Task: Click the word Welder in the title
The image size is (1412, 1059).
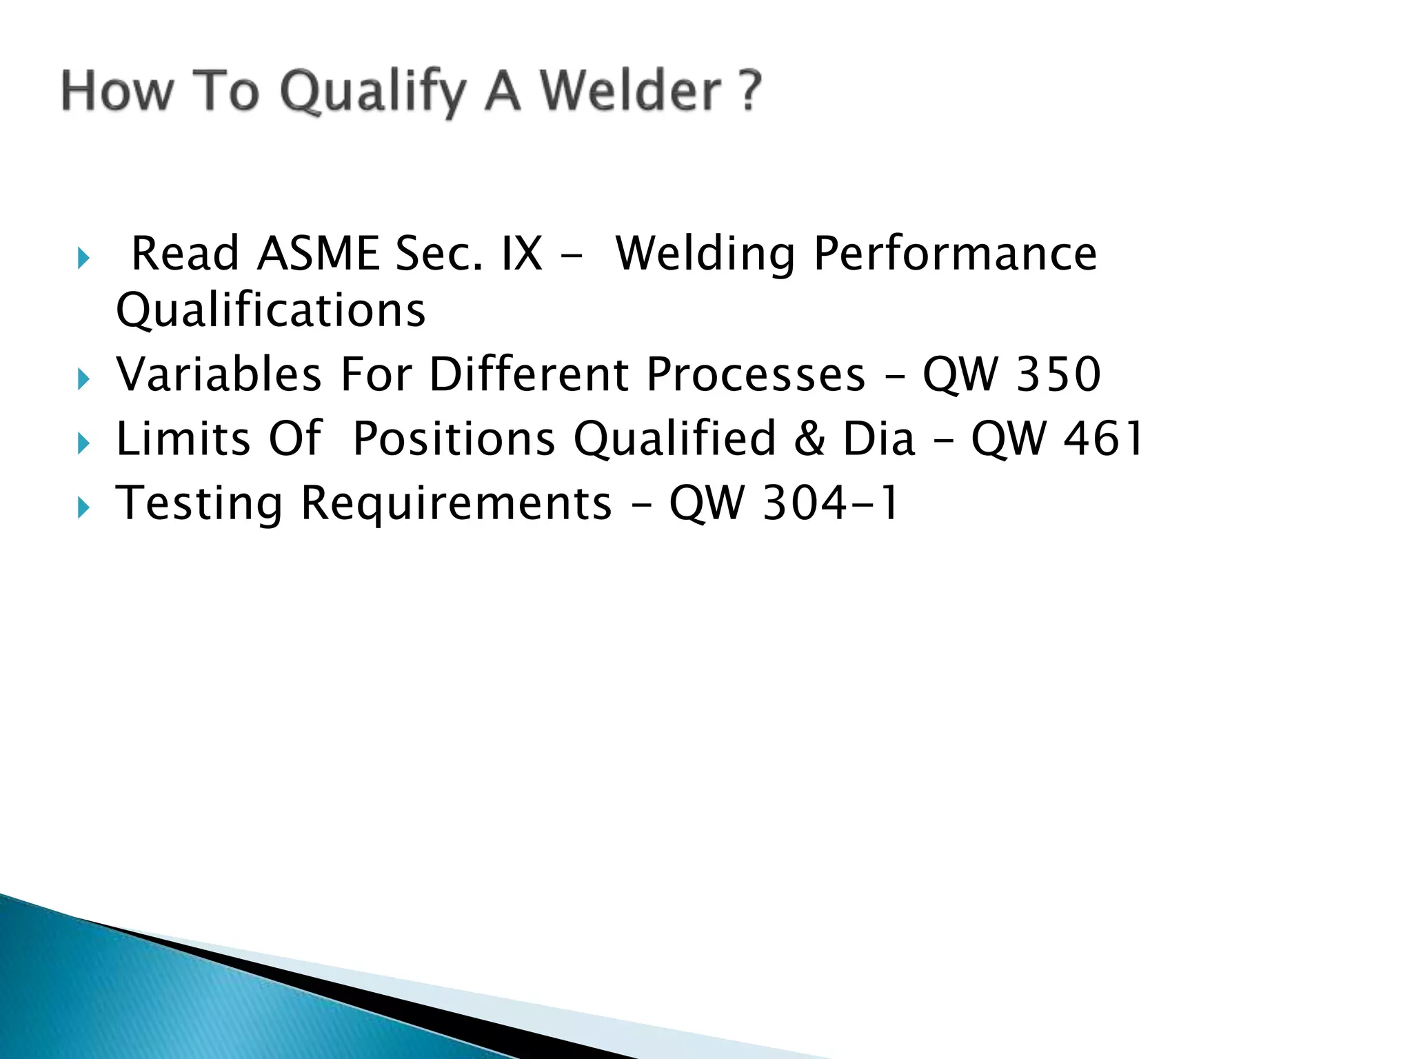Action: pos(630,91)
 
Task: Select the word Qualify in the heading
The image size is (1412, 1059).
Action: pos(373,94)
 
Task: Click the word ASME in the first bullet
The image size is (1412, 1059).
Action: pos(318,253)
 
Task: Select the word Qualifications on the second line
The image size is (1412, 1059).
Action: pos(271,310)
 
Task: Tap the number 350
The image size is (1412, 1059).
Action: pos(1058,374)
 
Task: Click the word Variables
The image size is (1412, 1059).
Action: pos(219,374)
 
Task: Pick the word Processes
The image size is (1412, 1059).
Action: pos(756,374)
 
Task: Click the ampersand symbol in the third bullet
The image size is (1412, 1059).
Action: pos(809,439)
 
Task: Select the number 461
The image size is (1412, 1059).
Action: pos(1103,439)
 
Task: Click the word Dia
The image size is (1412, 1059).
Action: pos(879,439)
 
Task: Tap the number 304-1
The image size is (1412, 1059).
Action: pos(831,503)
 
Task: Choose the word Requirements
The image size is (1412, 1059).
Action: pos(456,504)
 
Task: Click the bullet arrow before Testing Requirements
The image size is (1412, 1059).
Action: pos(83,509)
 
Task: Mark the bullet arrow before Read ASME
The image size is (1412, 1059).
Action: pos(83,259)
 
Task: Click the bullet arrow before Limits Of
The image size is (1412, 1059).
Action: pos(83,444)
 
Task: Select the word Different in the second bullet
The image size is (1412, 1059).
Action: pos(528,374)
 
